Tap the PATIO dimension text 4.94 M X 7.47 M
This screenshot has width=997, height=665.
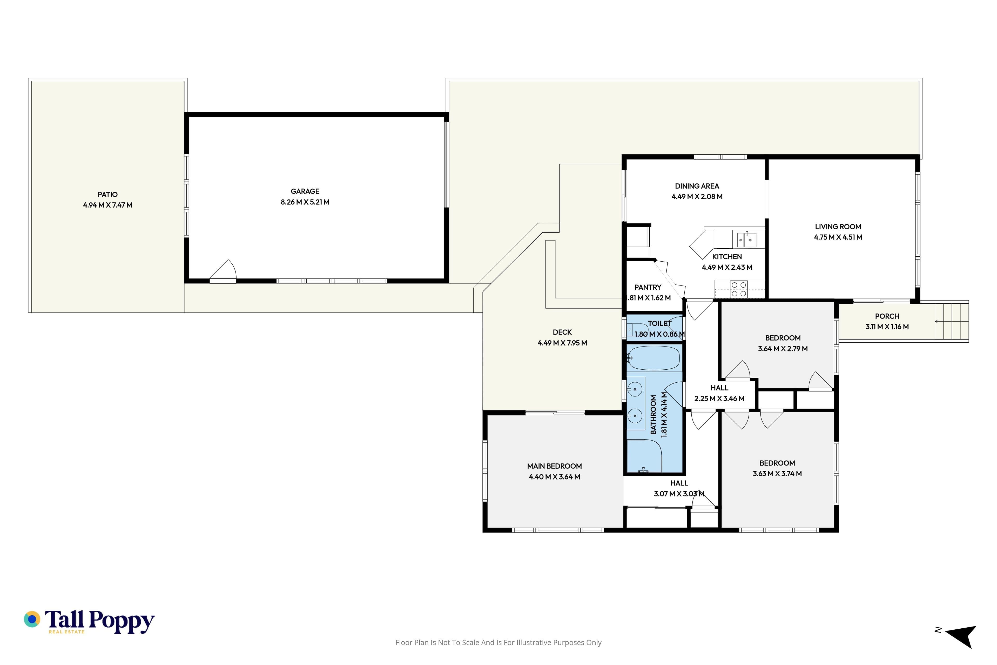108,205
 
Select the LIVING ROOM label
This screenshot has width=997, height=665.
838,227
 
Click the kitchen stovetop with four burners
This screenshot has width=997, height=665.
739,289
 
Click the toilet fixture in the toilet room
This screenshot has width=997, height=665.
637,330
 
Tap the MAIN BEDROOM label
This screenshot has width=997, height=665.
555,466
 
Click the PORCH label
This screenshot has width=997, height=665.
887,316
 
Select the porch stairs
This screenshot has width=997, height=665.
952,322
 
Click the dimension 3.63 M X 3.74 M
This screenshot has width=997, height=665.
777,474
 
